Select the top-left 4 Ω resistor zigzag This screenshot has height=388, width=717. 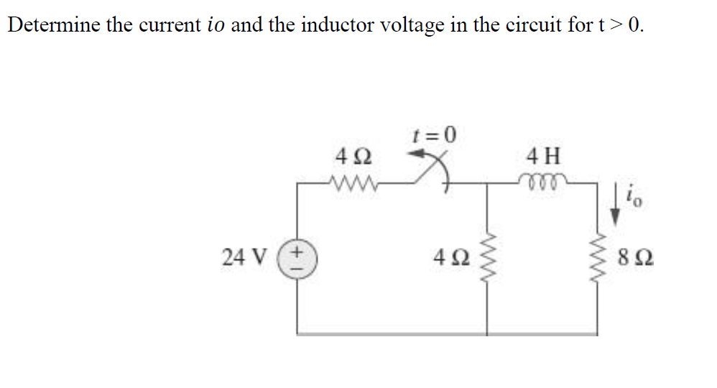pyautogui.click(x=351, y=182)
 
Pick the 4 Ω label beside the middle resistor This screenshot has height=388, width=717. pyautogui.click(x=453, y=256)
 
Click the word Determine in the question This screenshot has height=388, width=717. pyautogui.click(x=52, y=25)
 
